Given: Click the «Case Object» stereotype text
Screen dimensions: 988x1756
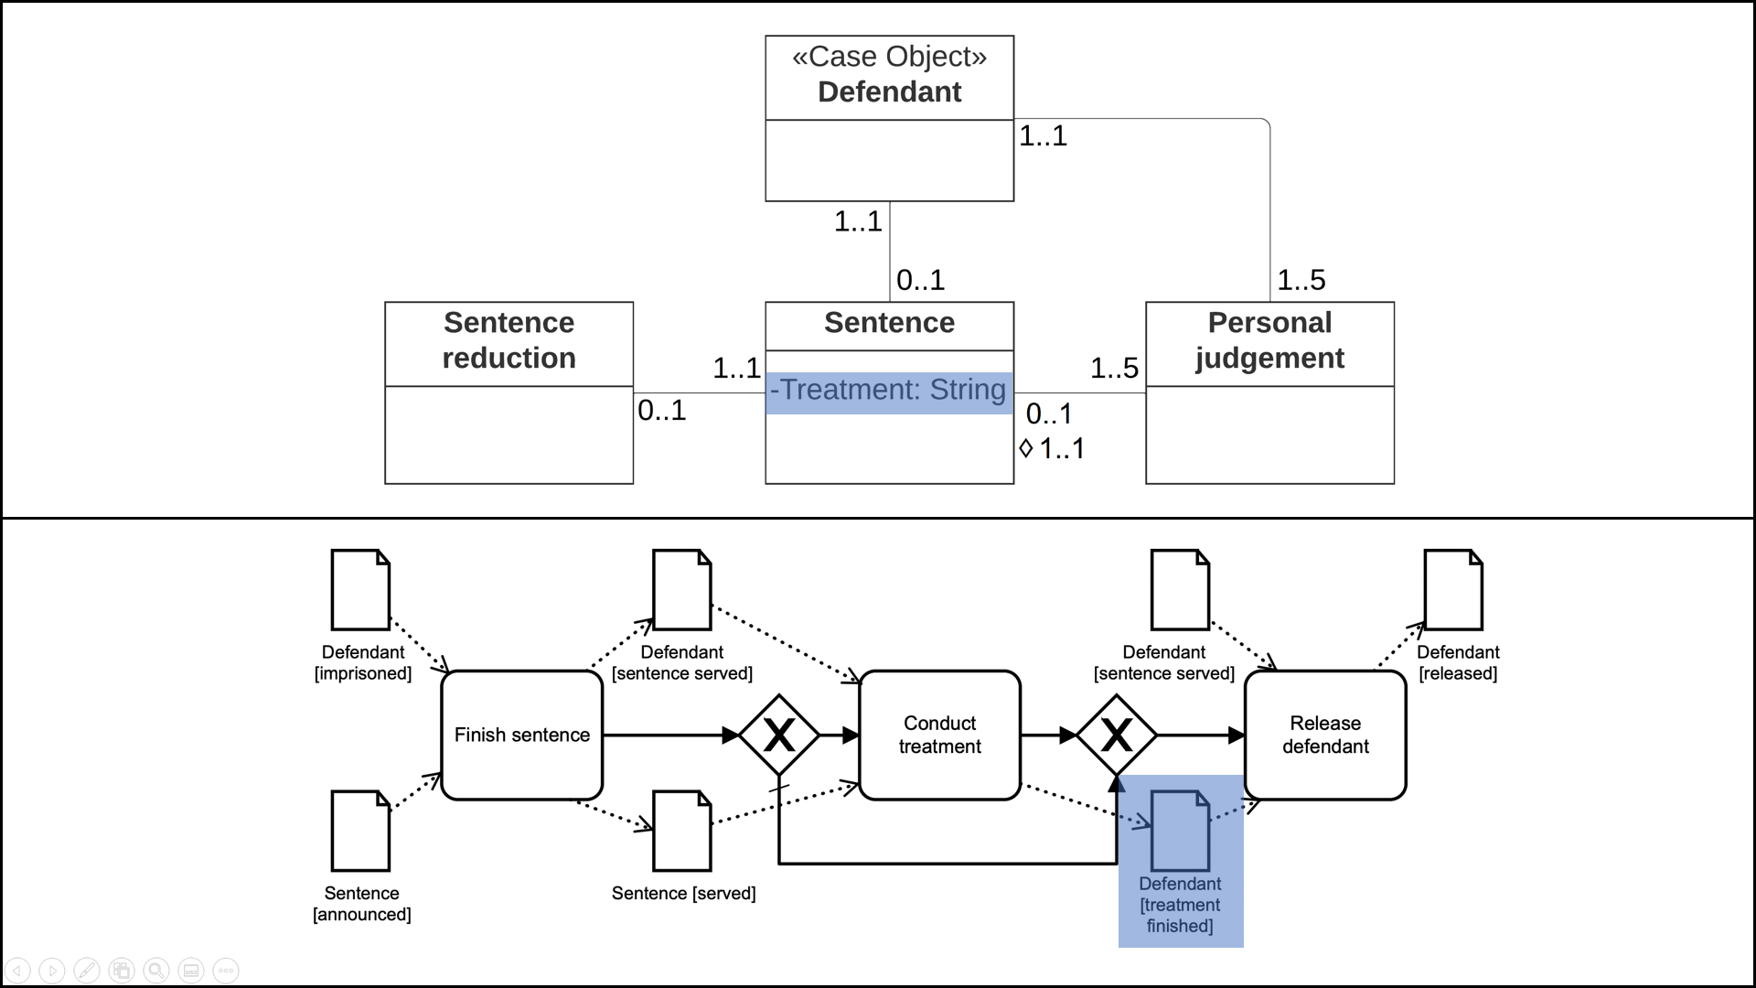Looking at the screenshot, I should coord(889,57).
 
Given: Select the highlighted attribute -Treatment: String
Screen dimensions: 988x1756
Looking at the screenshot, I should coord(889,391).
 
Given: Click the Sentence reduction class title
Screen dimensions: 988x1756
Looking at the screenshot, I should coord(509,340).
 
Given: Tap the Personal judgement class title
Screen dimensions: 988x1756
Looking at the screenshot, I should coord(1269,340).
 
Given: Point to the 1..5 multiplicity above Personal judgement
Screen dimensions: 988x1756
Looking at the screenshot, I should coord(1301,280).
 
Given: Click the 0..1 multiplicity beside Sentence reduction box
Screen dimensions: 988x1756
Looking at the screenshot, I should coord(661,411).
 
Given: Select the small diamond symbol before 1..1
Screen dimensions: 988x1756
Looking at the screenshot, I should coord(1025,448).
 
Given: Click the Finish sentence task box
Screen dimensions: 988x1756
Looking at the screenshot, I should coord(521,735).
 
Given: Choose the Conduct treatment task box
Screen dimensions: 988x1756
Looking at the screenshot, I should coord(939,735).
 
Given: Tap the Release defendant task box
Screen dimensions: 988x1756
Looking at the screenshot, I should coord(1324,735).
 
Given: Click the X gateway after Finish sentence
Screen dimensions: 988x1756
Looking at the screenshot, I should coord(778,735).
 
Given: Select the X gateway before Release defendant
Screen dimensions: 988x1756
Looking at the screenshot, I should coord(1116,735).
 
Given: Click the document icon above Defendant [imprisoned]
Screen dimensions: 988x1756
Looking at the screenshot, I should coord(360,590).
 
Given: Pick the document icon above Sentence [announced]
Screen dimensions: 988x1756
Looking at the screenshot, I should coord(360,831).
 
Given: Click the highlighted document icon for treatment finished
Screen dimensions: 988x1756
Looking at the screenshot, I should coord(1180,831).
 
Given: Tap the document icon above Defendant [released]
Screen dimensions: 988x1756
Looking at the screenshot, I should coord(1453,590).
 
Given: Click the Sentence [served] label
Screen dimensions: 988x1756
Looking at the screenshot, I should coord(683,894).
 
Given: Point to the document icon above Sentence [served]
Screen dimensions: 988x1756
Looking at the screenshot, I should coord(682,831).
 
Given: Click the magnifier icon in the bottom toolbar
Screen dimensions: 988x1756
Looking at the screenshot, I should coord(156,970).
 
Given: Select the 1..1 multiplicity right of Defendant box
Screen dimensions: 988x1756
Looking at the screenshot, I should coord(1043,136).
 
